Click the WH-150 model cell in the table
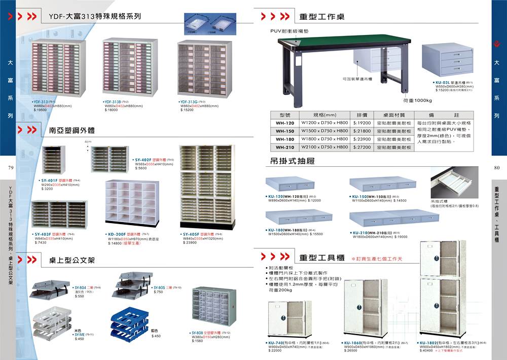coord(285,131)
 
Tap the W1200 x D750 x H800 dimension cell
coord(325,123)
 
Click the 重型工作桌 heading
coord(322,17)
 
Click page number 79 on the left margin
coord(10,168)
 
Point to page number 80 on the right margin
coord(496,168)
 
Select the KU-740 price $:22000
coord(275,350)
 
